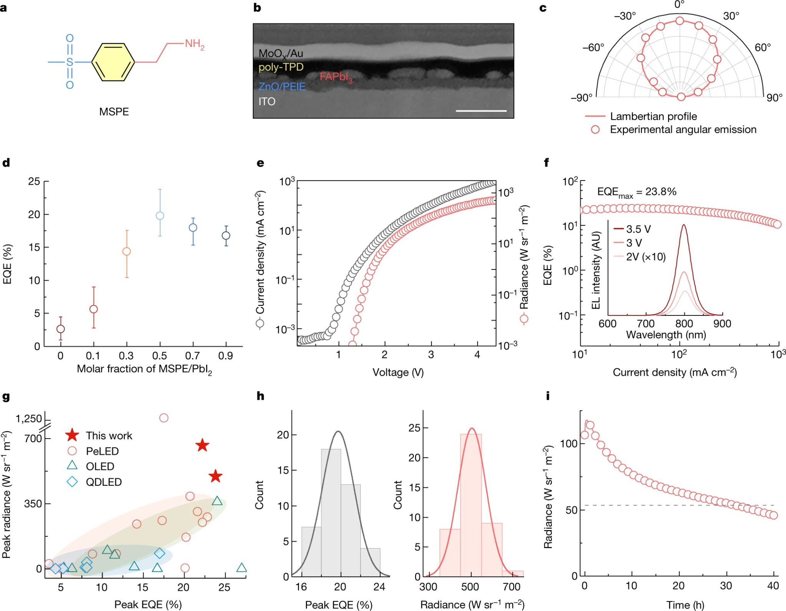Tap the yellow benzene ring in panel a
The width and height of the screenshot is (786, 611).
[x=113, y=62]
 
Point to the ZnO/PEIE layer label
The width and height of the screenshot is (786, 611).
[x=282, y=87]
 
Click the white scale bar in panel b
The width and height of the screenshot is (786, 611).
[x=481, y=111]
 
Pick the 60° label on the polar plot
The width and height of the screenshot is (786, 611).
[x=762, y=48]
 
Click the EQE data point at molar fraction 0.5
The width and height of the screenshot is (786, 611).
[x=160, y=216]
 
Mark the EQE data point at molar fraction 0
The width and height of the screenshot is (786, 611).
[x=60, y=329]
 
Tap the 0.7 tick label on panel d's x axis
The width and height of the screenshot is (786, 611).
[x=193, y=356]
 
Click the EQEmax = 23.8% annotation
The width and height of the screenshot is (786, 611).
[x=637, y=192]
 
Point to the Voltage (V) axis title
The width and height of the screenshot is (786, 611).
[x=398, y=372]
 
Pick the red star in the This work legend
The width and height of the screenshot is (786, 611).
[x=72, y=435]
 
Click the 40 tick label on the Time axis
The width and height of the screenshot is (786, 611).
[x=773, y=586]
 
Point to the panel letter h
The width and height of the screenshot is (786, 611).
[x=261, y=396]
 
